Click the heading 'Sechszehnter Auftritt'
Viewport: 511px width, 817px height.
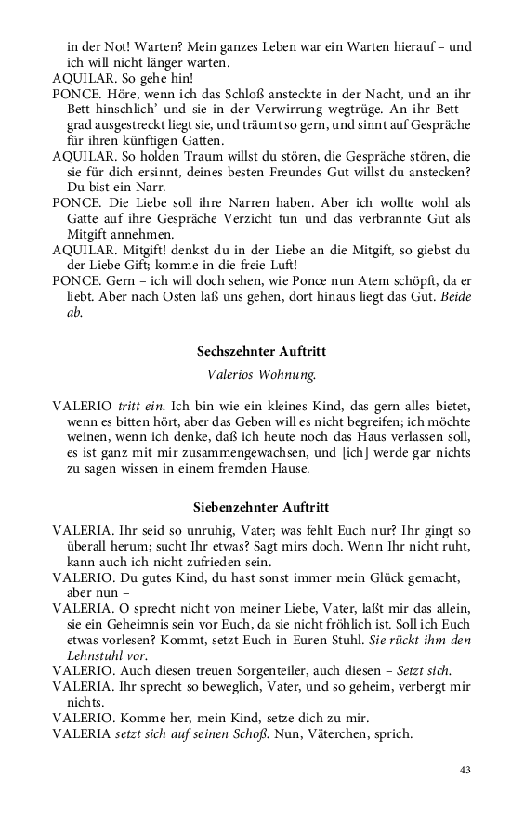coord(260,352)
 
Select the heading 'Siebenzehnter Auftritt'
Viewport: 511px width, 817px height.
coord(260,508)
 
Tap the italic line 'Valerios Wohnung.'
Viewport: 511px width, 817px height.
coord(260,375)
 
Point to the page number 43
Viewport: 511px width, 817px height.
coord(465,770)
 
